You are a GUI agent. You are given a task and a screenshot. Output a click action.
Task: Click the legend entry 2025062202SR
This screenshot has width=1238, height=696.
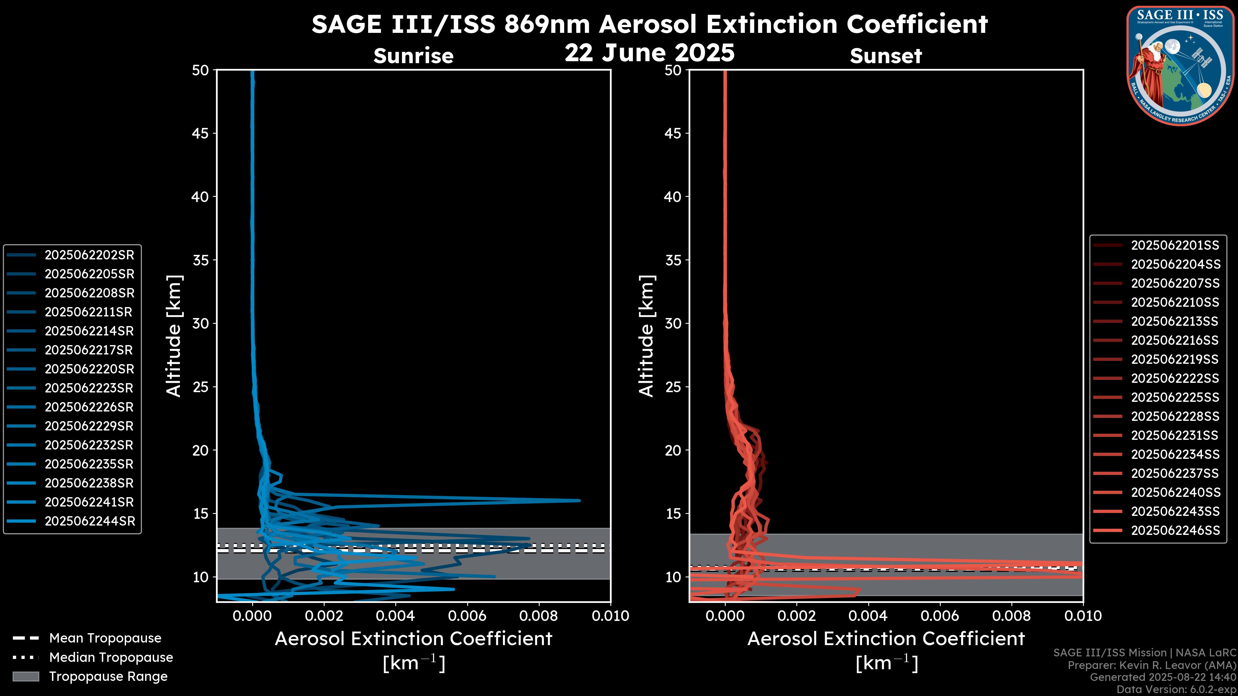[x=89, y=255]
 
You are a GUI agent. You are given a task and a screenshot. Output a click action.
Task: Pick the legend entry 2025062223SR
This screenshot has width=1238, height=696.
[x=89, y=388]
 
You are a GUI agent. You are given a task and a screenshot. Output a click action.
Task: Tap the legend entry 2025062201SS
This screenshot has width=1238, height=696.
[x=1175, y=246]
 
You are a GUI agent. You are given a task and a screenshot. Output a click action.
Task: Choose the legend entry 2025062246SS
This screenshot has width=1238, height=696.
[x=1175, y=530]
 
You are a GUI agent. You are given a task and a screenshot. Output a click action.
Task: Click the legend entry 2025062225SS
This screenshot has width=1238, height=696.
[x=1175, y=397]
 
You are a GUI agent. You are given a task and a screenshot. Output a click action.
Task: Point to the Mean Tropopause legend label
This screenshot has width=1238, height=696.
[x=105, y=638]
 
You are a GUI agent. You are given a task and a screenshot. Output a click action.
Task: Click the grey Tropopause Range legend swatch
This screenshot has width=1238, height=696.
[x=25, y=676]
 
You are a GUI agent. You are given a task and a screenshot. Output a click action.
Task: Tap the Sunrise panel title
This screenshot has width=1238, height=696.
[x=413, y=56]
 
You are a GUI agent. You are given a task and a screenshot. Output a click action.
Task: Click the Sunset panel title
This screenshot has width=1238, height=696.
[x=886, y=56]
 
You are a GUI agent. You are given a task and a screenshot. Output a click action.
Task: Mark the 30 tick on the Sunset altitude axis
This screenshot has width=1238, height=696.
[x=673, y=324]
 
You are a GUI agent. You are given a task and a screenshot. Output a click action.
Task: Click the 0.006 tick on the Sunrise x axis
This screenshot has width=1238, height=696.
[x=467, y=616]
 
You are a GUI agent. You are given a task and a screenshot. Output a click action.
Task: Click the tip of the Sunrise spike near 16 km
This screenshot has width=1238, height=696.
[x=580, y=500]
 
